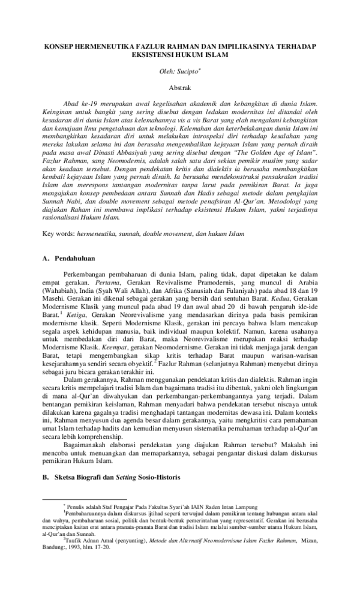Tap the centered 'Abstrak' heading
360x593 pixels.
(x=179, y=88)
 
